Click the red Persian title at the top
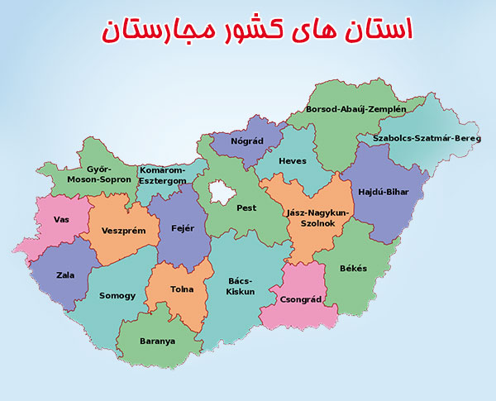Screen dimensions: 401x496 pyautogui.click(x=257, y=30)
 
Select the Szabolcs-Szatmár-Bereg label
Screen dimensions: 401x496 pyautogui.click(x=426, y=138)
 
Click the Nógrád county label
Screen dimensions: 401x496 pyautogui.click(x=247, y=141)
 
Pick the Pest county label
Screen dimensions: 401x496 pyautogui.click(x=246, y=209)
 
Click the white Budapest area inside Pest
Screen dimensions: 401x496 pyautogui.click(x=222, y=192)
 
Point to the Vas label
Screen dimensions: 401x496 pyautogui.click(x=60, y=219)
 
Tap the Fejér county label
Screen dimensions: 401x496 pyautogui.click(x=182, y=228)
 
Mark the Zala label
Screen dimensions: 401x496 pyautogui.click(x=64, y=275)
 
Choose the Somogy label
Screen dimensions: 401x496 pyautogui.click(x=117, y=295)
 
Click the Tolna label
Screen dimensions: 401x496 pyautogui.click(x=182, y=290)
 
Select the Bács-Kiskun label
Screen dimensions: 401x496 pyautogui.click(x=241, y=286)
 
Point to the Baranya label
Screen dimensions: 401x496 pyautogui.click(x=158, y=341)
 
